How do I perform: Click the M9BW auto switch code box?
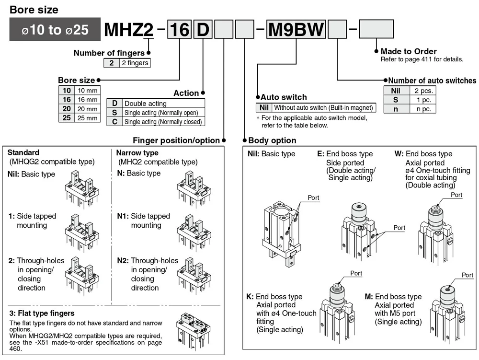pos(296,29)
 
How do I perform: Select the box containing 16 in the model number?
pos(179,29)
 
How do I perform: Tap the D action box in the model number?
pos(203,29)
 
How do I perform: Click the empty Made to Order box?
pos(376,29)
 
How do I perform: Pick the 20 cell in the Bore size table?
pos(66,109)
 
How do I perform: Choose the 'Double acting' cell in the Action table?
pos(163,103)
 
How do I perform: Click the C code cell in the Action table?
pos(114,121)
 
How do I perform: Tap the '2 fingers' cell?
pos(135,63)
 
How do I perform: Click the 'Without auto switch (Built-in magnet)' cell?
pos(323,107)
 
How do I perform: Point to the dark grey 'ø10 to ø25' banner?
pos(55,29)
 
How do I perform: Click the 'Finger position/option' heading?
pos(176,140)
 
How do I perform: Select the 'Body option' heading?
pos(272,140)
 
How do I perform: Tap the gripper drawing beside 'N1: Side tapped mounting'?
pos(194,233)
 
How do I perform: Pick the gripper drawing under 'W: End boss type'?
pos(435,233)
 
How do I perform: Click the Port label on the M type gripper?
pos(467,275)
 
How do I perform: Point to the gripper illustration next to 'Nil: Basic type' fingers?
pos(82,189)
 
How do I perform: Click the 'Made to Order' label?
pos(409,51)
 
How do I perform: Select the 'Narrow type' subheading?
pos(137,153)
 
